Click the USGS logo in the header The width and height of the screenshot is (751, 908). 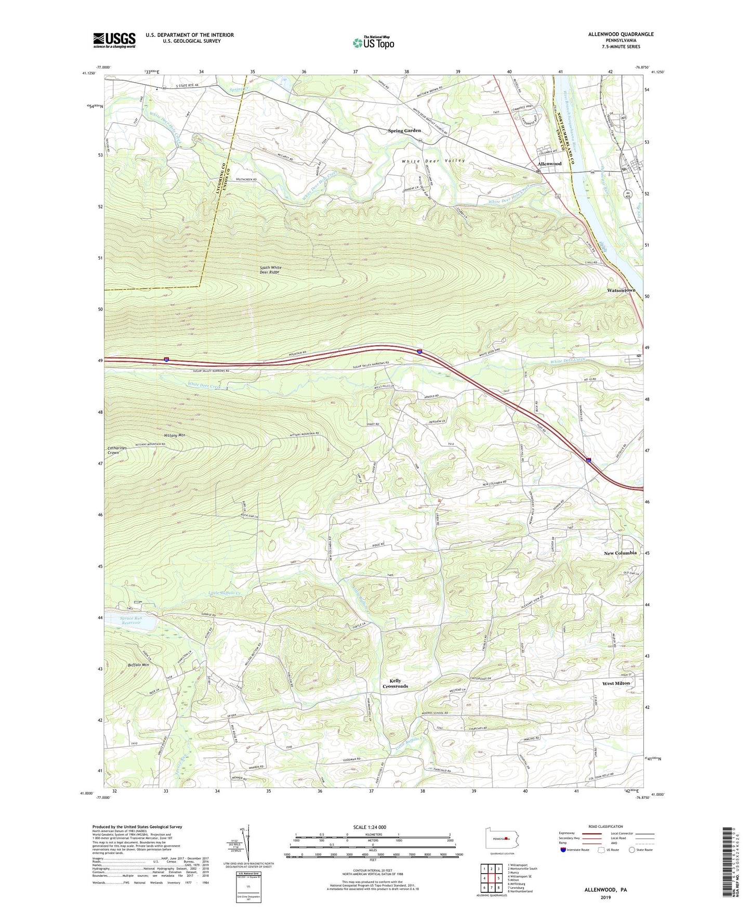[114, 40]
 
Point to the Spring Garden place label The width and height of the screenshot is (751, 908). [404, 131]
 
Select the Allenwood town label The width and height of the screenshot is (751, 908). [549, 163]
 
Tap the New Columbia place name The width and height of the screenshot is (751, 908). [620, 553]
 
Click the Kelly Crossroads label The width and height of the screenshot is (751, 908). [395, 683]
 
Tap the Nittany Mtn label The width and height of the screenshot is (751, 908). [174, 435]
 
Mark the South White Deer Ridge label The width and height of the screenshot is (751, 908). [270, 270]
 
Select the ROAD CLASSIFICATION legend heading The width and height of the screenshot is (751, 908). [605, 826]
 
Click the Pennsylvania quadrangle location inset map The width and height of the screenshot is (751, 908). [502, 838]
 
